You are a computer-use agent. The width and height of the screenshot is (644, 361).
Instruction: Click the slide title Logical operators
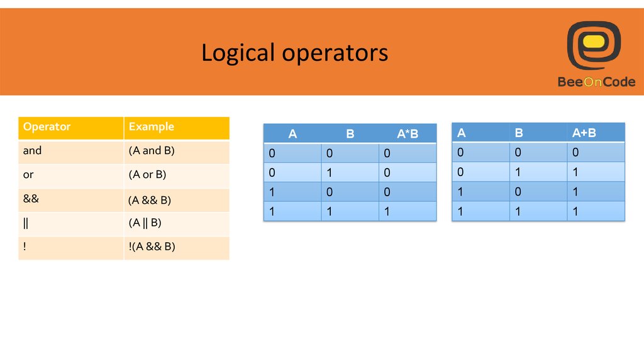tap(294, 53)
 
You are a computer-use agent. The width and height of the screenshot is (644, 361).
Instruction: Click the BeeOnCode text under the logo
tap(596, 82)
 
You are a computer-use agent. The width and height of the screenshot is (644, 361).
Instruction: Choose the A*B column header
tap(408, 134)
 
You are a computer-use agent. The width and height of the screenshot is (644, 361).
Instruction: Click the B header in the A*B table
tap(350, 134)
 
